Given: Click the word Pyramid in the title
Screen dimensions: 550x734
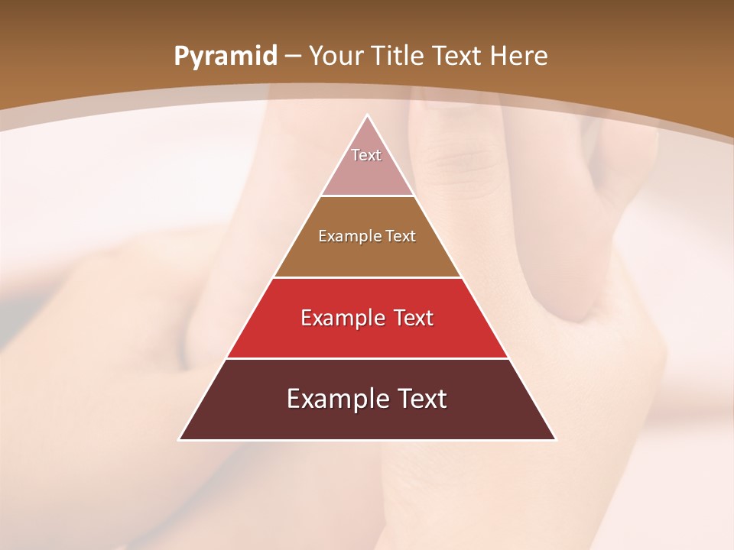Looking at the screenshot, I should click(225, 57).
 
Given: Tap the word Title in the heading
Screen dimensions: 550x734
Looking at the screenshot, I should click(400, 57).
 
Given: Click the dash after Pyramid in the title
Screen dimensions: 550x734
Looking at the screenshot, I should click(293, 57).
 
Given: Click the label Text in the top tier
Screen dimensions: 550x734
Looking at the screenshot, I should click(366, 155).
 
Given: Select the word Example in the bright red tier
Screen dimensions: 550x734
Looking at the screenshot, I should click(339, 318).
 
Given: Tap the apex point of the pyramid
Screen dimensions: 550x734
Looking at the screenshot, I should click(367, 116).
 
